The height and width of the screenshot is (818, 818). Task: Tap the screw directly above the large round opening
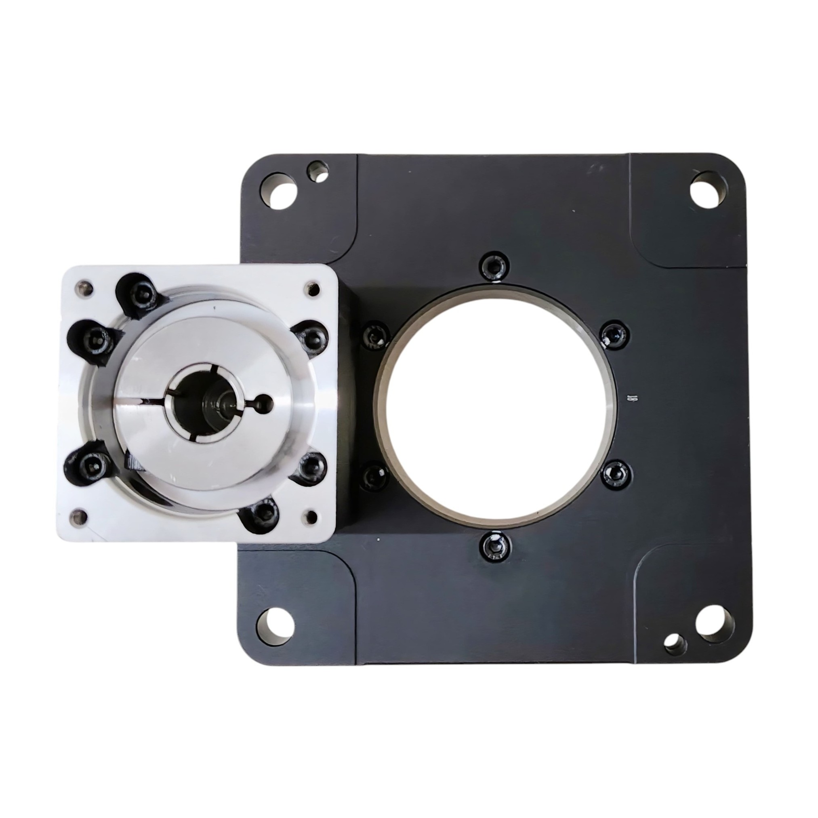tap(494, 265)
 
